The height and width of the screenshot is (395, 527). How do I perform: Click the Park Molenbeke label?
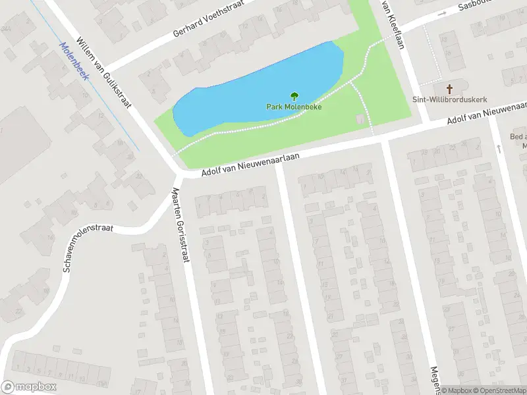pyautogui.click(x=294, y=107)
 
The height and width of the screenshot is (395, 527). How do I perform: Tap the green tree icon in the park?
pyautogui.click(x=294, y=96)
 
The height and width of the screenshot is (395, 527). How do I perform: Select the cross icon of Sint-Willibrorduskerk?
pyautogui.click(x=451, y=88)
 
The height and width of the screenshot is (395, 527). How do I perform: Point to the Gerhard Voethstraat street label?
pyautogui.click(x=208, y=18)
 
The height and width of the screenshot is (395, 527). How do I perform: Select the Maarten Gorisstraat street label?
pyautogui.click(x=180, y=224)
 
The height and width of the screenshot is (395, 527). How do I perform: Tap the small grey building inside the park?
pyautogui.click(x=359, y=119)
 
